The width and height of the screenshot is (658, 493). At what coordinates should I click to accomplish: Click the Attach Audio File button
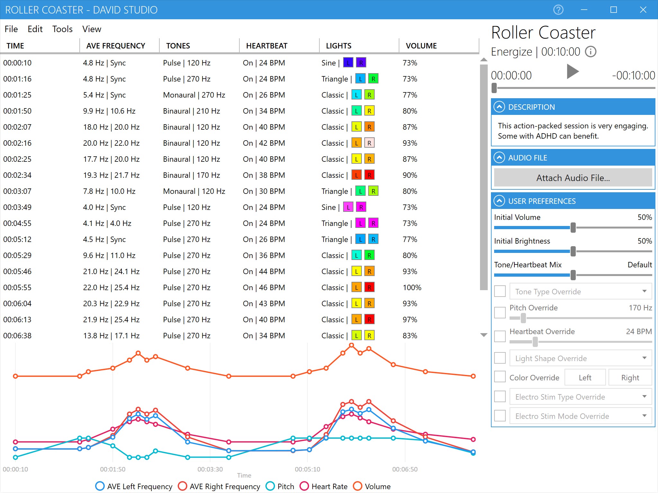[x=573, y=178]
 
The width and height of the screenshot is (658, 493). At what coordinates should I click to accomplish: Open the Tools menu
[x=62, y=29]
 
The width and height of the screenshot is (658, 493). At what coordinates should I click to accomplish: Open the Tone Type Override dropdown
[x=581, y=291]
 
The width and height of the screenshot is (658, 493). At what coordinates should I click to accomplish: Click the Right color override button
[x=630, y=377]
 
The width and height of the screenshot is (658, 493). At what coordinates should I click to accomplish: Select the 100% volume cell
[x=412, y=288]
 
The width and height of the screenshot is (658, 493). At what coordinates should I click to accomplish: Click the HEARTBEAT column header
[x=267, y=46]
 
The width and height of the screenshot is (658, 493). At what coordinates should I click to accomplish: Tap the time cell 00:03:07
[x=17, y=191]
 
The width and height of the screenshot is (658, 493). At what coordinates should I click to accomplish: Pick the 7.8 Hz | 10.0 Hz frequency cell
[x=109, y=191]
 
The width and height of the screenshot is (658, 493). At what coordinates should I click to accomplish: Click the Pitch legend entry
[x=280, y=486]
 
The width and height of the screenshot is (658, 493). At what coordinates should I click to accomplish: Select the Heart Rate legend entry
[x=324, y=486]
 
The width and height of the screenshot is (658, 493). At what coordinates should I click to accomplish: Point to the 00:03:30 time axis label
[x=210, y=469]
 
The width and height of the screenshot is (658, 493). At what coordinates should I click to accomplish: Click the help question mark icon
[x=558, y=10]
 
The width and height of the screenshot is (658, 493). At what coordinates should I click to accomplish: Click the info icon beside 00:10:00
[x=591, y=52]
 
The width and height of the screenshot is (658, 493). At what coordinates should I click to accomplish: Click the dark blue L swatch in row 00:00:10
[x=348, y=63]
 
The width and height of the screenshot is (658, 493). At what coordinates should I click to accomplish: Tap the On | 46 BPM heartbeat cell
[x=264, y=288]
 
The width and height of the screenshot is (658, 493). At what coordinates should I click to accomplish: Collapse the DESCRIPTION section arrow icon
[x=499, y=107]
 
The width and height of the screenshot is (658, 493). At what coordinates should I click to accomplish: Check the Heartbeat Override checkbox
[x=500, y=336]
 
